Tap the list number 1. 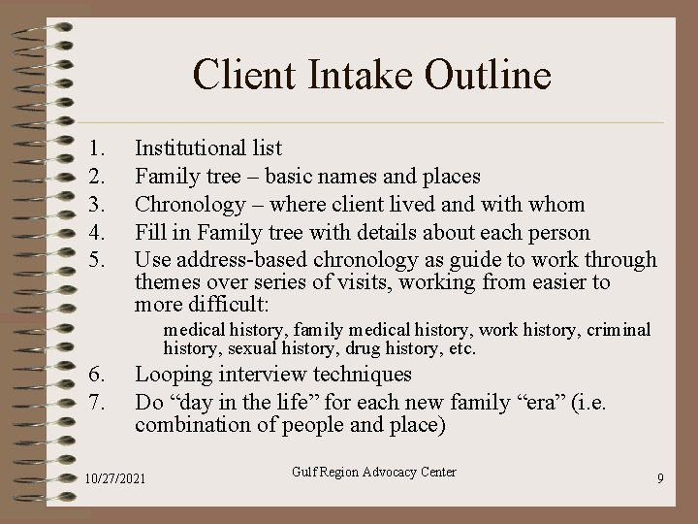point(94,148)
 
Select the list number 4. point(94,232)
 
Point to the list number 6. point(94,375)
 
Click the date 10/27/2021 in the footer point(116,479)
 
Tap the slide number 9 point(659,479)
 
